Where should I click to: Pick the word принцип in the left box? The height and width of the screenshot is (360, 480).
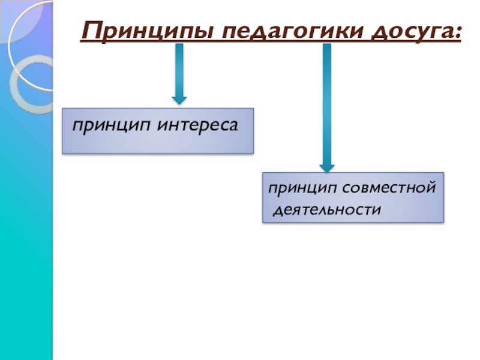[113, 127]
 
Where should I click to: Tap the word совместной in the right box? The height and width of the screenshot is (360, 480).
[393, 189]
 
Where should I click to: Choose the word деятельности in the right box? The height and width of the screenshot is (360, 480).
[328, 211]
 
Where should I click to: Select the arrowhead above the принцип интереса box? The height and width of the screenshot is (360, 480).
[179, 100]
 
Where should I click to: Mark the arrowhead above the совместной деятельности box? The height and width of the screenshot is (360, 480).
[326, 166]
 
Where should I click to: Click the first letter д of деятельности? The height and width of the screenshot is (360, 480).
[277, 211]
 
